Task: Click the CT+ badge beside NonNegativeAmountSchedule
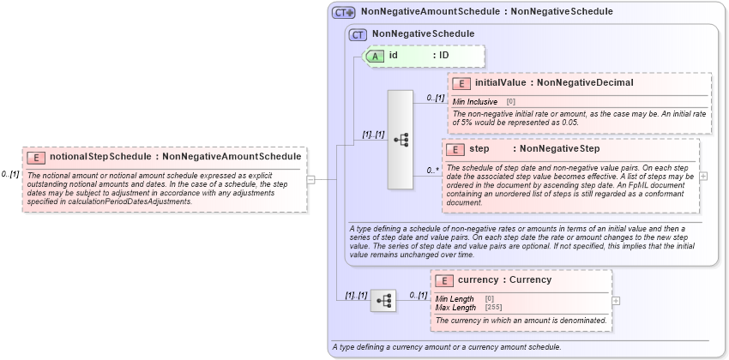(x=344, y=12)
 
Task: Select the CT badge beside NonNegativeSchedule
(x=358, y=34)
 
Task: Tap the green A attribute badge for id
(x=375, y=56)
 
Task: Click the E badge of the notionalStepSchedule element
(x=36, y=157)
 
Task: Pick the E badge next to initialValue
(x=461, y=83)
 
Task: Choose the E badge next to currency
(x=444, y=280)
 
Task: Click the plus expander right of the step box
(x=704, y=176)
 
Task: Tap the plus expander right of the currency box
(x=616, y=301)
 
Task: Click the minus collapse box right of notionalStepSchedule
(x=310, y=180)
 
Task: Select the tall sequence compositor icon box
(x=401, y=139)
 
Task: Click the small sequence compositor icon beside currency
(x=383, y=300)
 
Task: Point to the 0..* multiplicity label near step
(x=433, y=171)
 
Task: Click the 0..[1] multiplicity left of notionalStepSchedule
(x=10, y=174)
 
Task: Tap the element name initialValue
(x=501, y=83)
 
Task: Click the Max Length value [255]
(x=492, y=307)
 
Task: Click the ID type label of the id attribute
(x=443, y=56)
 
